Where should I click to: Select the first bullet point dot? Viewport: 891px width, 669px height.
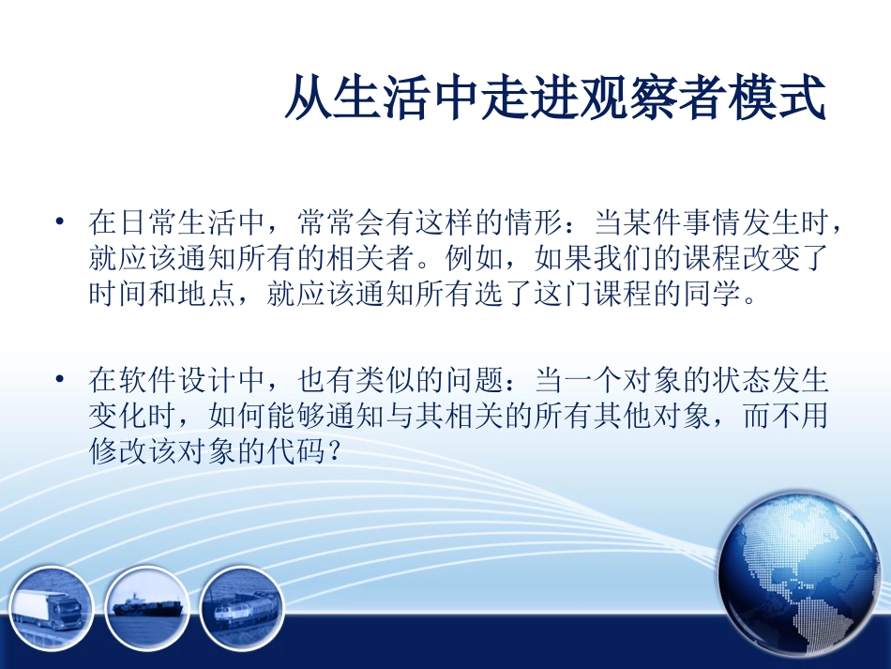point(61,223)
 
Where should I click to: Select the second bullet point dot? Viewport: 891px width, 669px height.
point(61,381)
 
